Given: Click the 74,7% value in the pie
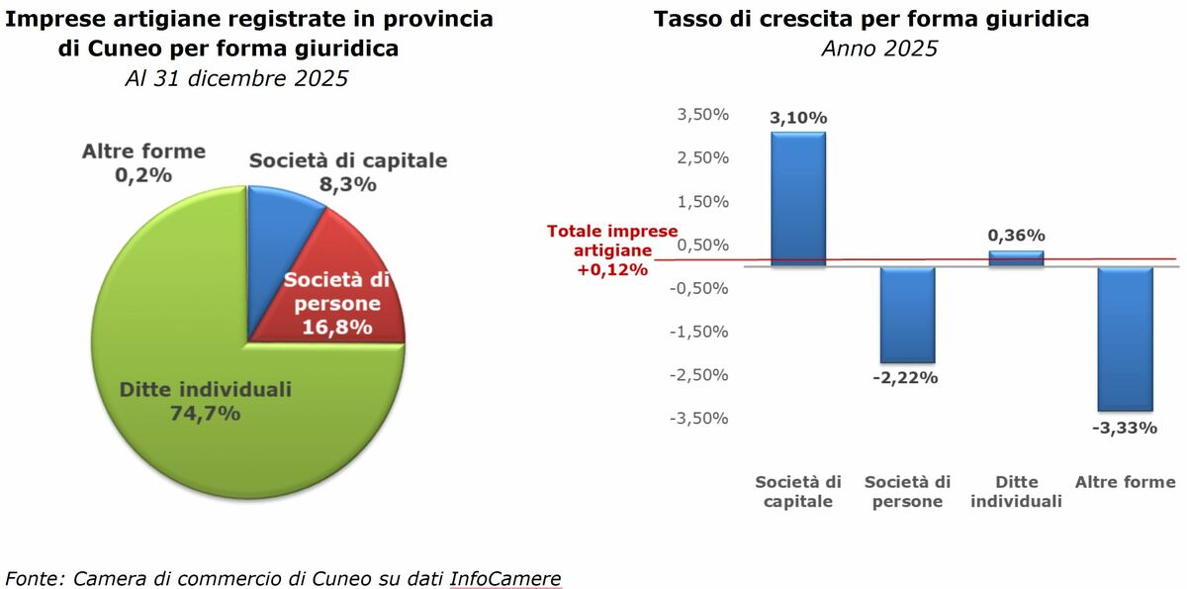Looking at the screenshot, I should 206,414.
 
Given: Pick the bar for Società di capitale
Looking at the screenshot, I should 798,198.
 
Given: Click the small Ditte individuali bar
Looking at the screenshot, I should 1016,258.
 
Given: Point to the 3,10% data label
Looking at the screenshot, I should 798,118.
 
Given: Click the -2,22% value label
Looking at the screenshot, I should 908,378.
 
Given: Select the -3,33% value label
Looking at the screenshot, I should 1126,428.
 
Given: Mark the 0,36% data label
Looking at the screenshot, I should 1016,236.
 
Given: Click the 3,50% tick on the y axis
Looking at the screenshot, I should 702,115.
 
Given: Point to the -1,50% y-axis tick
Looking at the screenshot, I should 699,332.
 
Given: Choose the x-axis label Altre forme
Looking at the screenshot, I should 1126,482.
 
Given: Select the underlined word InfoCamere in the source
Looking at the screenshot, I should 504,578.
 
